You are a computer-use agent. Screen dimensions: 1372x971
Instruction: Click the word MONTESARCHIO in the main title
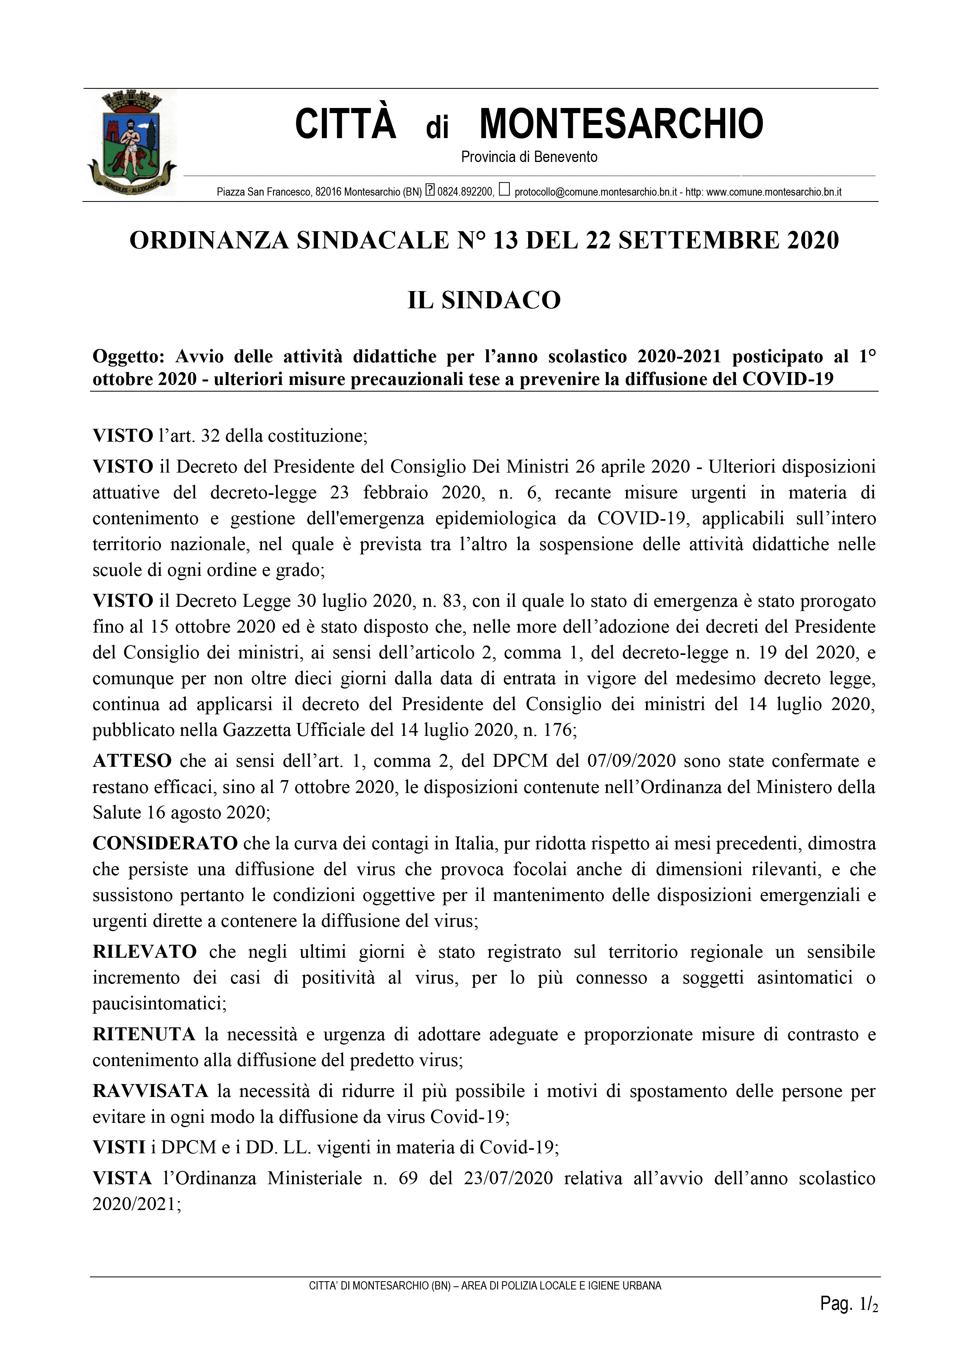(x=621, y=124)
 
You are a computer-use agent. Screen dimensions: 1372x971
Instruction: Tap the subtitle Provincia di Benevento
(x=529, y=157)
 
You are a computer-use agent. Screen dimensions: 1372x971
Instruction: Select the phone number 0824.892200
(x=465, y=192)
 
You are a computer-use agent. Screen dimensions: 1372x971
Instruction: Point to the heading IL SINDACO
(x=484, y=300)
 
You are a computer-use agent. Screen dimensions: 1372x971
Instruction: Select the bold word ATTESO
(x=132, y=761)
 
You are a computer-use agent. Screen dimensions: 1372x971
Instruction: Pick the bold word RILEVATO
(x=145, y=952)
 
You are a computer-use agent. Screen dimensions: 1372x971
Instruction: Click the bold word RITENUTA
(x=144, y=1034)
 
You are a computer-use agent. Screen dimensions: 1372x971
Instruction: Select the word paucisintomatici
(x=159, y=1003)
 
